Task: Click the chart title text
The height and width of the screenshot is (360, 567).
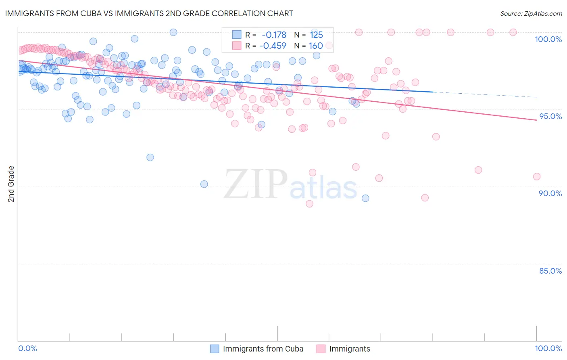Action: click(x=149, y=13)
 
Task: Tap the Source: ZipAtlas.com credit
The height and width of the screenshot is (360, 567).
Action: click(x=531, y=13)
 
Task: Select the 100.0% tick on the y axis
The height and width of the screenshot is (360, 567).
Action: click(x=548, y=39)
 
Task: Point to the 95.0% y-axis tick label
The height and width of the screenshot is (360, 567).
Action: click(x=550, y=116)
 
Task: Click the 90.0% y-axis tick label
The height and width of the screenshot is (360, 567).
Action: click(x=550, y=193)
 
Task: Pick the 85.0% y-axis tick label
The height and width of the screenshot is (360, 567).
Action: click(x=550, y=271)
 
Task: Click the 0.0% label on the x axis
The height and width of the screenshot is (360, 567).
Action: click(x=27, y=348)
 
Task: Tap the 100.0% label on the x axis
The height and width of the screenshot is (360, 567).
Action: click(x=548, y=348)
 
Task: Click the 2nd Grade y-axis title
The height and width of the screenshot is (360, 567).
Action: click(x=11, y=184)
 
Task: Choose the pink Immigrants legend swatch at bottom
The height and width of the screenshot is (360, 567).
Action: click(x=321, y=349)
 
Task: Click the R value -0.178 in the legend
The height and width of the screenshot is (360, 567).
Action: click(x=274, y=35)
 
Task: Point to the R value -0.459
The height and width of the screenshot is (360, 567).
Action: click(x=273, y=46)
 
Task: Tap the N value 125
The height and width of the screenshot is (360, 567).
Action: click(x=316, y=35)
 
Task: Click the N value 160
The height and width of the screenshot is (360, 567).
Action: click(x=316, y=46)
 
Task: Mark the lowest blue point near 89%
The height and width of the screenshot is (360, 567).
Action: click(x=365, y=198)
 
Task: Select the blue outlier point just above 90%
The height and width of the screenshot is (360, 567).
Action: click(x=204, y=184)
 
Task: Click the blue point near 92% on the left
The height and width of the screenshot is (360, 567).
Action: click(x=150, y=157)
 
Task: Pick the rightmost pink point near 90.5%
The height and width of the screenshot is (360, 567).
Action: click(x=536, y=176)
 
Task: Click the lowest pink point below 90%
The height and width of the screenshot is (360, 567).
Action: click(x=309, y=204)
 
